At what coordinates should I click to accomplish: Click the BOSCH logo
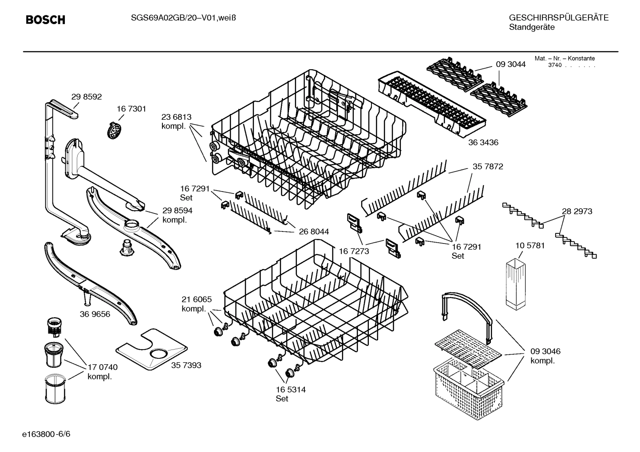[x=45, y=20]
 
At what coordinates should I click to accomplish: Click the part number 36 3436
[x=483, y=142]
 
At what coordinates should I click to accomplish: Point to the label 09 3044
[x=510, y=64]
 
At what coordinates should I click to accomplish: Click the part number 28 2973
[x=577, y=212]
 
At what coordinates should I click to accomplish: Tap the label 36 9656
[x=95, y=314]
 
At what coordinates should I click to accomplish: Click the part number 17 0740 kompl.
[x=102, y=372]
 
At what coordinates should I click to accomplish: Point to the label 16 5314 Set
[x=290, y=394]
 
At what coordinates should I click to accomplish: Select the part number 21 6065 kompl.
[x=196, y=304]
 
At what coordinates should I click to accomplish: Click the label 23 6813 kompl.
[x=176, y=122]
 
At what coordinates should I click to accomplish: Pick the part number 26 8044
[x=313, y=232]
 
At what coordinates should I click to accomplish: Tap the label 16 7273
[x=354, y=251]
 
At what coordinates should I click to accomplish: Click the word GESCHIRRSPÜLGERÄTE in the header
[x=558, y=18]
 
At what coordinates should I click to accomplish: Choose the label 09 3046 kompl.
[x=545, y=356]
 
